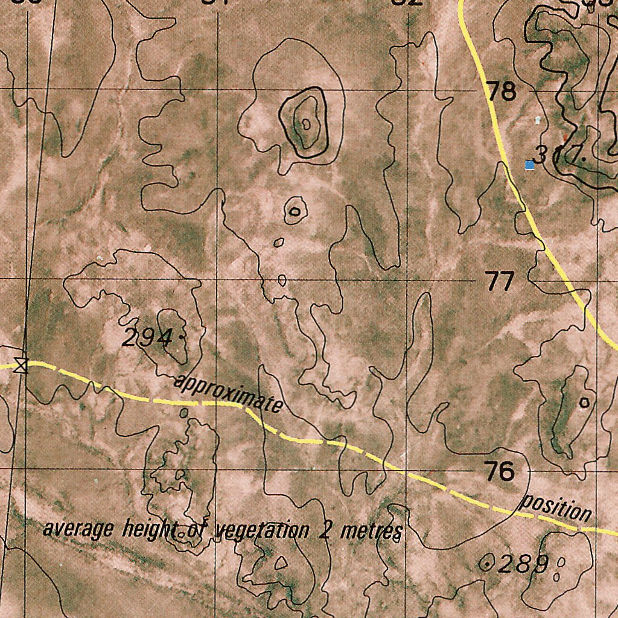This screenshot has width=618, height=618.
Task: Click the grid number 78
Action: point(502,92)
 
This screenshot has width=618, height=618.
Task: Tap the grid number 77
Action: point(500,281)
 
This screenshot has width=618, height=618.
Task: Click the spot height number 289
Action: point(523,564)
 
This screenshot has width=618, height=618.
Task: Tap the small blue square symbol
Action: point(529,165)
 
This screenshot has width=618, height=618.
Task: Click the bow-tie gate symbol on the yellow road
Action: point(21,365)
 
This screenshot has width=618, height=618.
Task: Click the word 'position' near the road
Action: point(556,508)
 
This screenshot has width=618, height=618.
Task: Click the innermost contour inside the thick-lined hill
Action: point(306,124)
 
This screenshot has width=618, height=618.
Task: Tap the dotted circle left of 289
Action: point(485,564)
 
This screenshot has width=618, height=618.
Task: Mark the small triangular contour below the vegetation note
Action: point(280,562)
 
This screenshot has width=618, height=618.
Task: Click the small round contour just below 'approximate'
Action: point(183,413)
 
